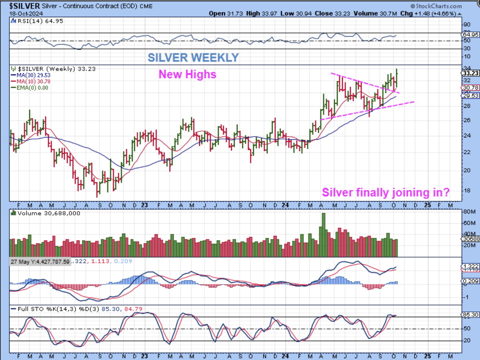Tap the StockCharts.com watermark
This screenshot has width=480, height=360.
pyautogui.click(x=437, y=6)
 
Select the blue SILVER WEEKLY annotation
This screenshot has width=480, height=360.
pyautogui.click(x=193, y=57)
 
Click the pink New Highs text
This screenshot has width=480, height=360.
pyautogui.click(x=187, y=74)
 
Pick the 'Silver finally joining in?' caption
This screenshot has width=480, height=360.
pyautogui.click(x=386, y=193)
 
